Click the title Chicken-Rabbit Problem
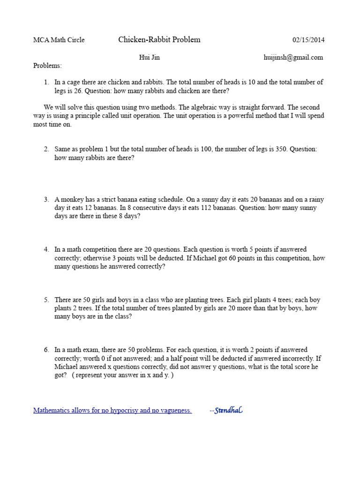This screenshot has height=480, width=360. click(159, 40)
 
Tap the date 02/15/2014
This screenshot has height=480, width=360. click(308, 40)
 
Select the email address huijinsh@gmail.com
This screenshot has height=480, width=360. click(293, 58)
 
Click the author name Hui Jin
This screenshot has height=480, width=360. click(149, 58)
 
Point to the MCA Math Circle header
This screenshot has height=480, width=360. click(59, 40)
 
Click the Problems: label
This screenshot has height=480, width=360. click(47, 66)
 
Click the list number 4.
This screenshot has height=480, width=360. click(46, 250)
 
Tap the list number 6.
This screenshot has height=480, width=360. click(46, 350)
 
